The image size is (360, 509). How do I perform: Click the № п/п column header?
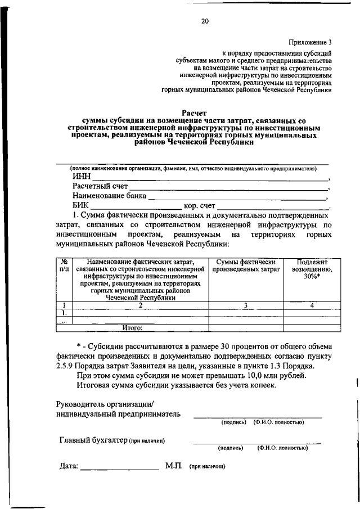[x=64, y=265]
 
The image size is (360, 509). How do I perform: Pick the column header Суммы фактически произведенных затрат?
[x=245, y=266]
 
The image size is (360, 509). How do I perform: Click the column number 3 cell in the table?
[x=245, y=305]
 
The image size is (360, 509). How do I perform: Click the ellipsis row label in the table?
[x=64, y=321]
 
